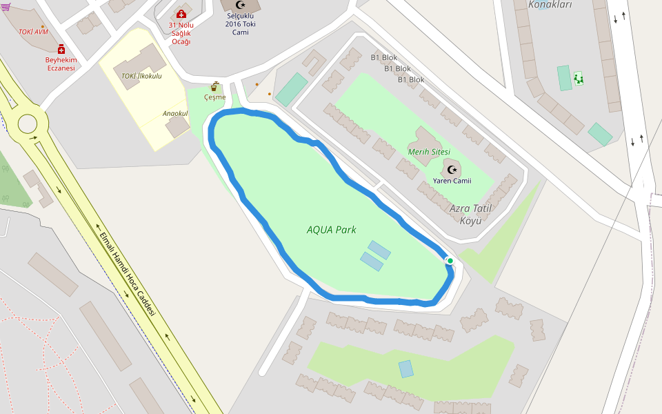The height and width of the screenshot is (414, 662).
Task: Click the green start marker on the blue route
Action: click(x=450, y=260)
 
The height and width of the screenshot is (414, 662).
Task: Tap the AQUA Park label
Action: click(x=331, y=230)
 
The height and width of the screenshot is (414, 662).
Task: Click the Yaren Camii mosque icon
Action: click(x=452, y=169)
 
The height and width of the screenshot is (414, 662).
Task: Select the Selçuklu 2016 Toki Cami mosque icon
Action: click(x=241, y=5)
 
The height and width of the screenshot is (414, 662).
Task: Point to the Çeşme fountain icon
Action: click(x=215, y=86)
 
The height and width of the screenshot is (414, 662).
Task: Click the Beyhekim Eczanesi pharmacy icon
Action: click(x=61, y=49)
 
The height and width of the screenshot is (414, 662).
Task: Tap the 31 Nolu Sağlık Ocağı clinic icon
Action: click(x=181, y=14)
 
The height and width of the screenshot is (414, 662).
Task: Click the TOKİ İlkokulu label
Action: click(x=141, y=76)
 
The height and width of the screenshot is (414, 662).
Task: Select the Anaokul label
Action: click(x=175, y=113)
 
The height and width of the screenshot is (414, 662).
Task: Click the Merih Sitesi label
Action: click(x=429, y=152)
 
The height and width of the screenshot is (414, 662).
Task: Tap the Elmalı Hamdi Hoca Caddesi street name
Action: click(x=128, y=274)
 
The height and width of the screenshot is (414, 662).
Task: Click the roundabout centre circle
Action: click(x=28, y=124)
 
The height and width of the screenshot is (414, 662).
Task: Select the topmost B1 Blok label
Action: click(x=384, y=57)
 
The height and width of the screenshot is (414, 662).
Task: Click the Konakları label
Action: click(x=550, y=5)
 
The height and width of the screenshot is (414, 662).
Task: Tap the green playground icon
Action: click(x=578, y=78)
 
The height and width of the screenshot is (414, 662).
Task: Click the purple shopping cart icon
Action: click(x=5, y=7)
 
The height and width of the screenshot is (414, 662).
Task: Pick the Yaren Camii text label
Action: click(x=452, y=181)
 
